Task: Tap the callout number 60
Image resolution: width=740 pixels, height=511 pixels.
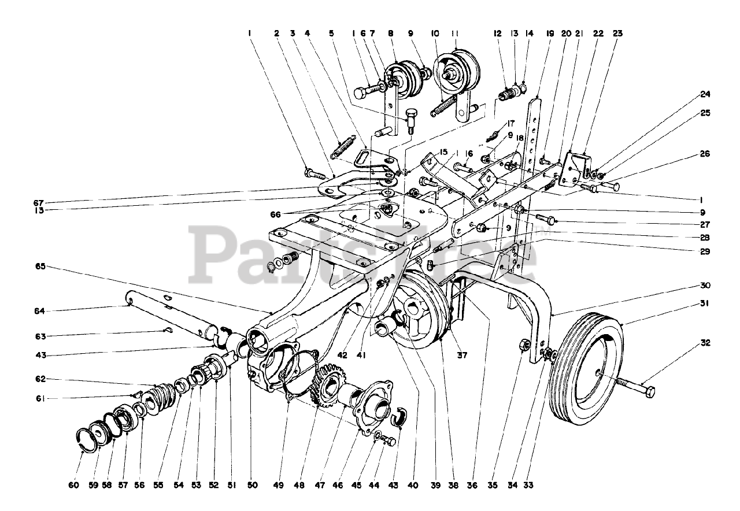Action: (73, 486)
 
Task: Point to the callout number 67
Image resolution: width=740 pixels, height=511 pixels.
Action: (39, 202)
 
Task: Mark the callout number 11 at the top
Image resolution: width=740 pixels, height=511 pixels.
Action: (455, 34)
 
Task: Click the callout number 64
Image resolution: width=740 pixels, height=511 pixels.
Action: (39, 311)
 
